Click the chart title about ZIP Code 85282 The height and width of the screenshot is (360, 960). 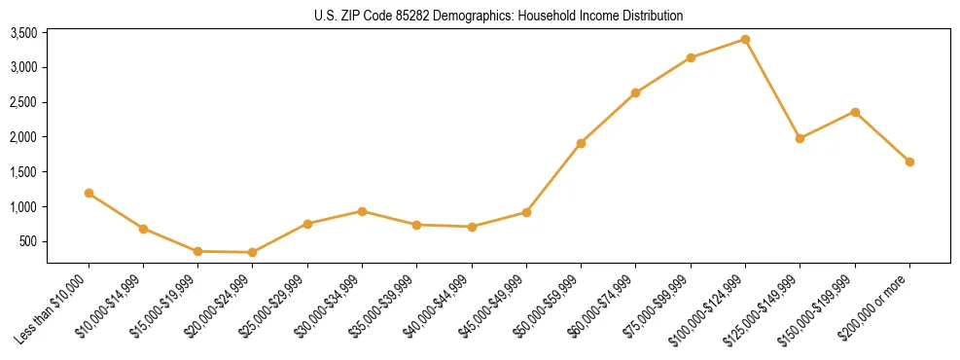coord(499,16)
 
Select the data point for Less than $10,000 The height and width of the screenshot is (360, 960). coord(89,193)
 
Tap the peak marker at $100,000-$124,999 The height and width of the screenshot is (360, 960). coord(745,39)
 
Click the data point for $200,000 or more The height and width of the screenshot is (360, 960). coord(909,162)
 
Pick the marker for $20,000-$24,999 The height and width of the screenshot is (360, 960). coord(253,252)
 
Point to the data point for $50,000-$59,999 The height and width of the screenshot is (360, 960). coord(581,143)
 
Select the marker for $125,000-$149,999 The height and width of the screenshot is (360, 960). coord(800,138)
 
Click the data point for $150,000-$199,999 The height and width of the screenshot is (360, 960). coord(855,112)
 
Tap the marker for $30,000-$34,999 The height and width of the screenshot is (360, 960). coord(362,211)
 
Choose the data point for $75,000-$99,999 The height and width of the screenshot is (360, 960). coord(691,57)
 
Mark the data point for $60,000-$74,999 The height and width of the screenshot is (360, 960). coord(635,92)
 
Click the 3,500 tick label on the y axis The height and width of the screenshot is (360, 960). coord(23,33)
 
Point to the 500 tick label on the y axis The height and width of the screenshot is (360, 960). coord(29,241)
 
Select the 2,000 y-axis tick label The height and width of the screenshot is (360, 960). coord(23,137)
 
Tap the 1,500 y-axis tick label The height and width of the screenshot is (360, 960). coord(23,172)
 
